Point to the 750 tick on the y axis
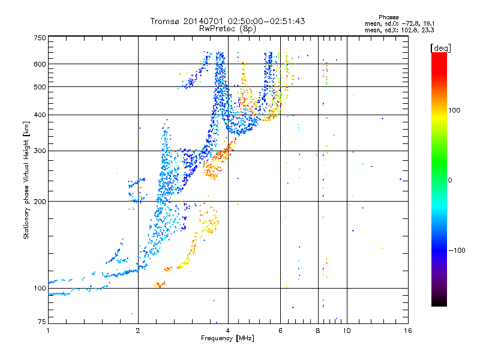[x=40, y=37]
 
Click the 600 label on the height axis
[x=40, y=64]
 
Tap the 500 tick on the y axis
[x=40, y=86]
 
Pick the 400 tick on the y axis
[x=40, y=115]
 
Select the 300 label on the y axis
[x=40, y=151]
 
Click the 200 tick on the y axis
[x=40, y=201]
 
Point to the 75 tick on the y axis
[x=41, y=323]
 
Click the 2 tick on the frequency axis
[x=138, y=331]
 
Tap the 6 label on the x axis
[x=280, y=331]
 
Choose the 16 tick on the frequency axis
[x=407, y=331]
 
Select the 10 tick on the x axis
[x=347, y=331]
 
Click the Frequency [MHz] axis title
[x=227, y=339]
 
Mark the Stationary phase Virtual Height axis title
[x=26, y=180]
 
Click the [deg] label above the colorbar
[x=441, y=47]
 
